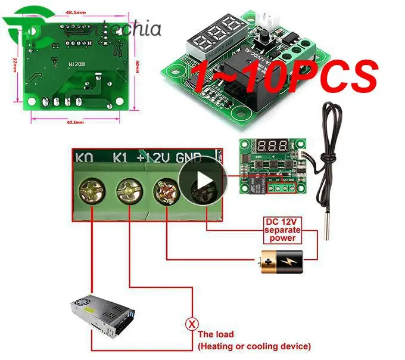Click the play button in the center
(204, 179)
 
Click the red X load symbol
(192, 325)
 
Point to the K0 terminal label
(83, 159)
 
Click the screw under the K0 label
(91, 193)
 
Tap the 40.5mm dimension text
(74, 122)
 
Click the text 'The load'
(216, 334)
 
